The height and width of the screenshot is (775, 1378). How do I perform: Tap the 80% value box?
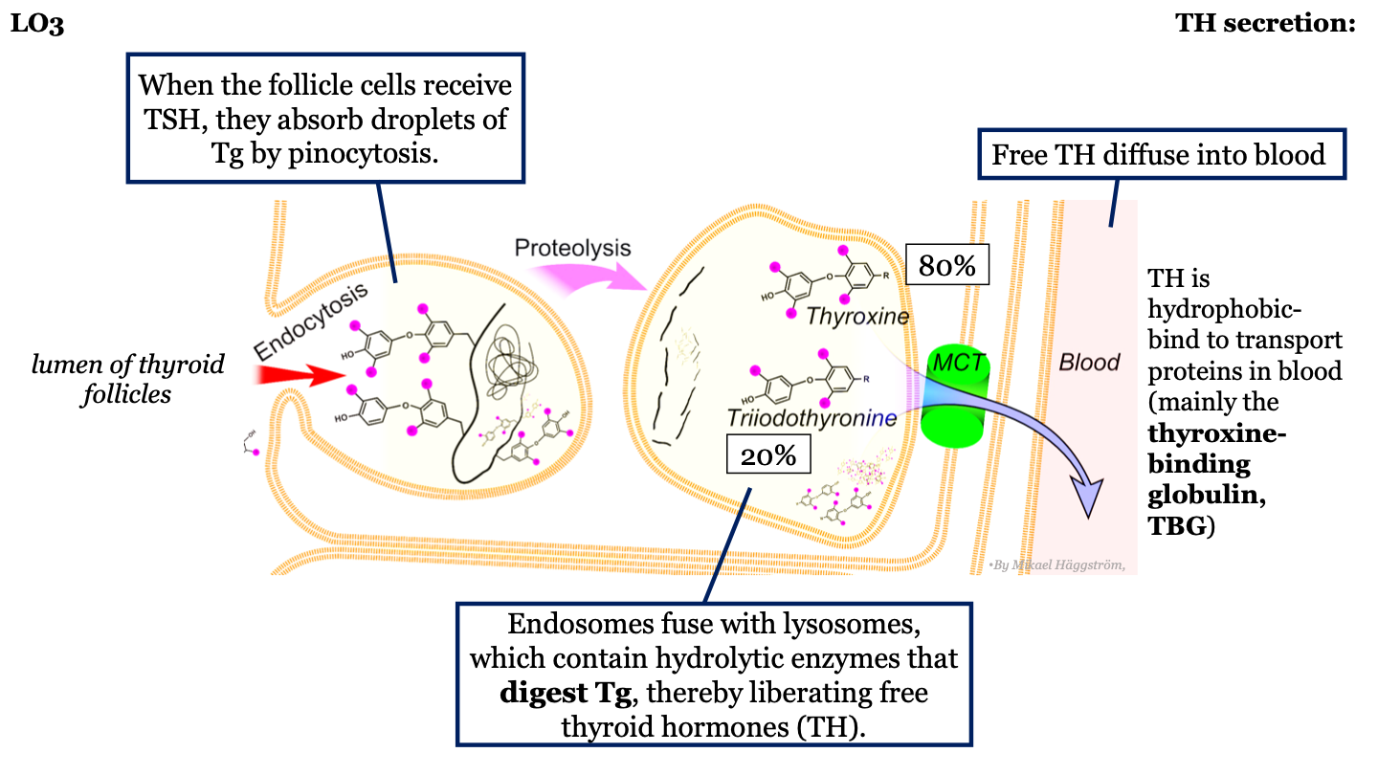(x=946, y=266)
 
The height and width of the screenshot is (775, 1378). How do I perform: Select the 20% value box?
(x=768, y=455)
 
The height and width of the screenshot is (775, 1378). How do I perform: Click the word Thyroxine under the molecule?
(x=856, y=315)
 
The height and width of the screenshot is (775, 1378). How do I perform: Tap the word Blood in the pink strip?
(x=1090, y=363)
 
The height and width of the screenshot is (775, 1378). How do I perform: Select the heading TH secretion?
(x=1265, y=25)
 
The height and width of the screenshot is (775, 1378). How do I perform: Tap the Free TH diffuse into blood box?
(x=1158, y=154)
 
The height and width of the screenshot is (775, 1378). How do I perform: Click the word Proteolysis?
(x=572, y=248)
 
